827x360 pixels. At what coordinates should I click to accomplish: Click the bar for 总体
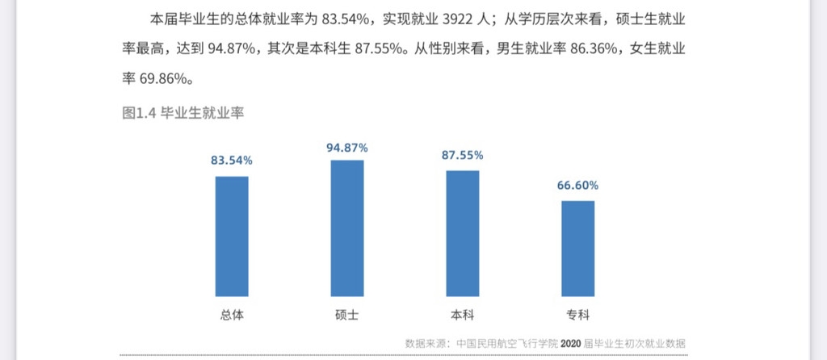[232, 235]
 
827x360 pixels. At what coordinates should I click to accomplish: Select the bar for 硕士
[346, 228]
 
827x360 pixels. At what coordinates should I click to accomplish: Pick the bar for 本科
[462, 232]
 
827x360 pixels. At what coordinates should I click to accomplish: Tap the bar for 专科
[577, 248]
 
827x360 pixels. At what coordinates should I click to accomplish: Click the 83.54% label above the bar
[232, 161]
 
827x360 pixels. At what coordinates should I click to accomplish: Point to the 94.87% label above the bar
[347, 148]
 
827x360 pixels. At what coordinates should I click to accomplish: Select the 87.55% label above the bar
[462, 155]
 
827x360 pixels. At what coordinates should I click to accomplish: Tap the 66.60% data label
[577, 186]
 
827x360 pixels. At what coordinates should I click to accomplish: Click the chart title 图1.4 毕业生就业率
[183, 113]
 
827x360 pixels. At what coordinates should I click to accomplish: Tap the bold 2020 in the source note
[571, 343]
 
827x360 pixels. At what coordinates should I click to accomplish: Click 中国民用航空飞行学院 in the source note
[507, 343]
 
